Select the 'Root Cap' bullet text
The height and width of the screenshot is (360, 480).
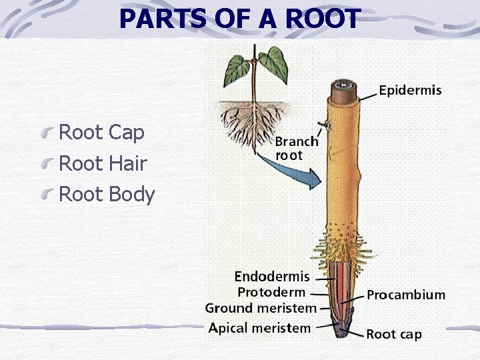[x=102, y=133]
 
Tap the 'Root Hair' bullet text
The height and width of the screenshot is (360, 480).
[x=103, y=163]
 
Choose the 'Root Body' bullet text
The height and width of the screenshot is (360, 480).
[x=107, y=195]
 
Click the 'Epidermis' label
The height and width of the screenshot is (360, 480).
[x=410, y=91]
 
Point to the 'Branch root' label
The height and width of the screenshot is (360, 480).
[x=296, y=148]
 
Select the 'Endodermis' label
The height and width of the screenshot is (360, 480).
[x=272, y=276]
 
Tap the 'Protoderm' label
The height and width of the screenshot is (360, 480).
[x=271, y=292]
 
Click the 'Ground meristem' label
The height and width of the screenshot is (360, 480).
[x=260, y=308]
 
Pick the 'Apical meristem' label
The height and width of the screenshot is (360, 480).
[x=259, y=328]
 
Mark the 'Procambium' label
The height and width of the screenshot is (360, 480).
[x=406, y=295]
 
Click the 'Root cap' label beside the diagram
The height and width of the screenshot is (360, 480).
[x=393, y=334]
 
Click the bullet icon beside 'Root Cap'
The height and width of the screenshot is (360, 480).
[x=47, y=134]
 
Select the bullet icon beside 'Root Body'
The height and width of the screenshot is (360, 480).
[x=47, y=196]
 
